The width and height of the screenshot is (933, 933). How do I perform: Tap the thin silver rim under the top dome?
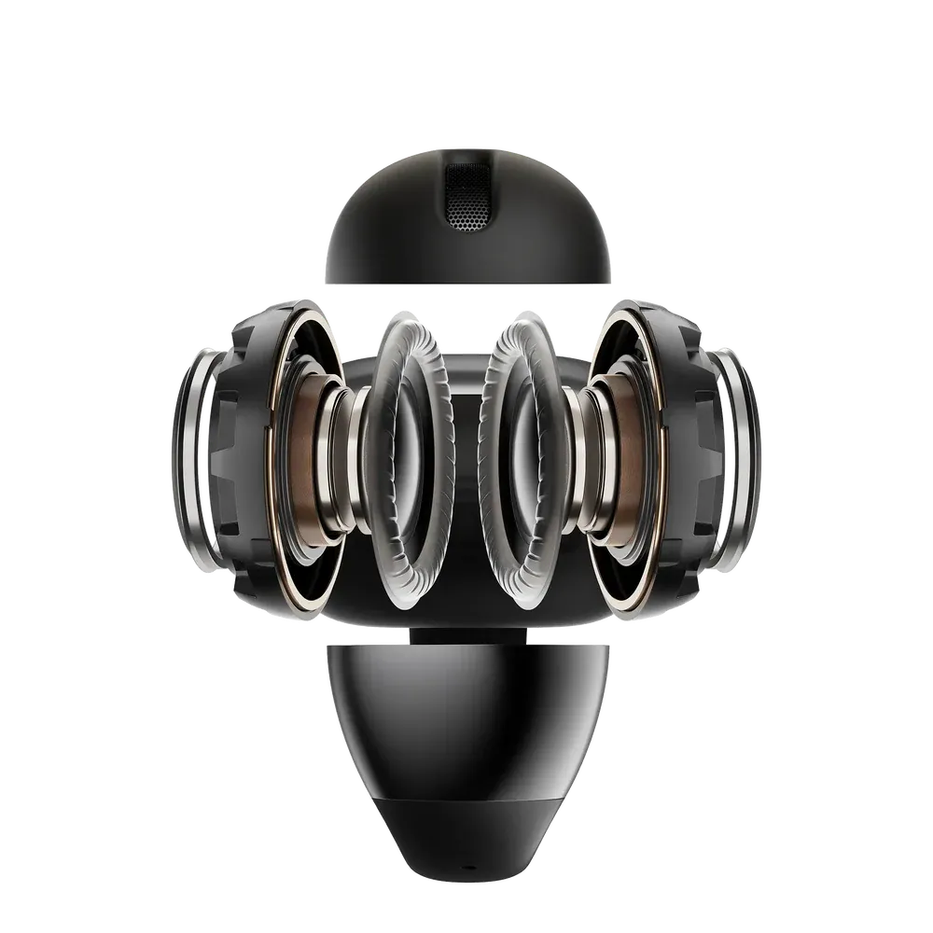466,281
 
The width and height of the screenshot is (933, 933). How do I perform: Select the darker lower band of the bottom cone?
466,821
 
